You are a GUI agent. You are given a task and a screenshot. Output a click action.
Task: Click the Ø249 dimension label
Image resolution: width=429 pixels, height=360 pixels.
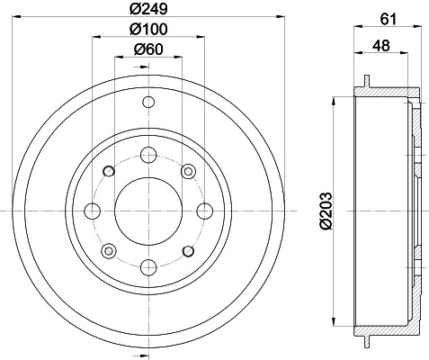pyautogui.click(x=147, y=12)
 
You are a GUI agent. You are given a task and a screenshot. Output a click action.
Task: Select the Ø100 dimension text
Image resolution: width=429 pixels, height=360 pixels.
pyautogui.click(x=147, y=31)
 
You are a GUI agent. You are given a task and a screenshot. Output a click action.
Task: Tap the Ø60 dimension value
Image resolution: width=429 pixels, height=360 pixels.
pyautogui.click(x=147, y=49)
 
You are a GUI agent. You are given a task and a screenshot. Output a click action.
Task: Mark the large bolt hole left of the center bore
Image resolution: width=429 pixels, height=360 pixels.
pyautogui.click(x=92, y=210)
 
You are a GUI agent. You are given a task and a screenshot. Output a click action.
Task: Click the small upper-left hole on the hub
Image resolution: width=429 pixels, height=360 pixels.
pyautogui.click(x=109, y=171)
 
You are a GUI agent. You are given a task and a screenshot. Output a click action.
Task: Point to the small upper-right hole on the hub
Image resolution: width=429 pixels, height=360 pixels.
pyautogui.click(x=188, y=171)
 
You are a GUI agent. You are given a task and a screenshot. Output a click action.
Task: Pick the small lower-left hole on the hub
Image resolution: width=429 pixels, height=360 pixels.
pyautogui.click(x=109, y=249)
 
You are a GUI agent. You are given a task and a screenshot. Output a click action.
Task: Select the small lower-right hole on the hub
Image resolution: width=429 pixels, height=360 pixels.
pyautogui.click(x=188, y=249)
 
